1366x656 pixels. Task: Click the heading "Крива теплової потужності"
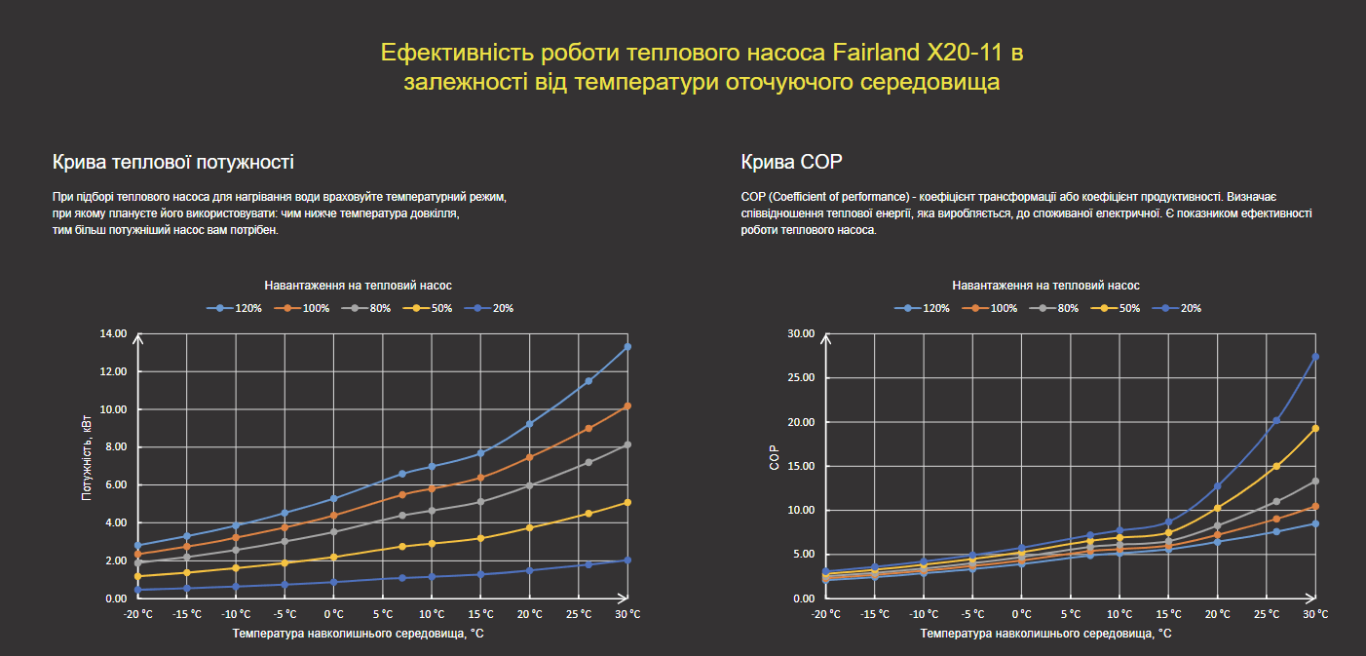tap(172, 162)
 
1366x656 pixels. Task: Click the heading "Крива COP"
tap(791, 162)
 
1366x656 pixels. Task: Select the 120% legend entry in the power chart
tap(234, 308)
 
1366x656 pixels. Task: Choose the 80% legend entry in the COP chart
tap(1058, 308)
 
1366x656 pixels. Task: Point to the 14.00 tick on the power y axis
tap(114, 333)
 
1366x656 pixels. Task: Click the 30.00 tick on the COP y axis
tap(801, 333)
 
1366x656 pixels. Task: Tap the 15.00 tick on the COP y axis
tap(801, 466)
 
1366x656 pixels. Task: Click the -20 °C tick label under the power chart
tap(138, 614)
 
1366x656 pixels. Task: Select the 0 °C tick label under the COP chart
tap(1021, 614)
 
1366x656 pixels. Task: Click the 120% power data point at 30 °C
tap(627, 347)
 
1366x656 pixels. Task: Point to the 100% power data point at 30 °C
tap(627, 405)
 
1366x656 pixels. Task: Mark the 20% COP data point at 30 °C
tap(1315, 357)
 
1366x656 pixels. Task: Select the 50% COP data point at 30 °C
tap(1315, 428)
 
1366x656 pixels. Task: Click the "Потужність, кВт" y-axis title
tap(88, 466)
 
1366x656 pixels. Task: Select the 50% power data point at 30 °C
tap(627, 503)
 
